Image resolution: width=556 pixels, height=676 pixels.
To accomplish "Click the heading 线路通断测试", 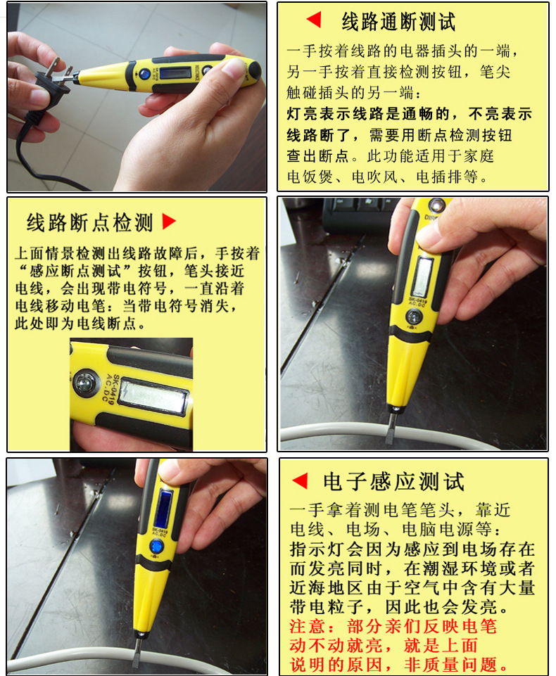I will click(398, 22).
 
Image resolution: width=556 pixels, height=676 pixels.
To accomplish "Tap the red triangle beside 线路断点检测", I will click(169, 222).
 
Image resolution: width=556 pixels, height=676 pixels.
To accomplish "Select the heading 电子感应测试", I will click(393, 482).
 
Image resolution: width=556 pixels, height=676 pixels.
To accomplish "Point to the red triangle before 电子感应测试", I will click(301, 481).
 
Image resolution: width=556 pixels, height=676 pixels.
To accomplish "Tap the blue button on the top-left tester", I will click(144, 73).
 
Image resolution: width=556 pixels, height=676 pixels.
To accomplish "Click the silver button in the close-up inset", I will click(86, 383).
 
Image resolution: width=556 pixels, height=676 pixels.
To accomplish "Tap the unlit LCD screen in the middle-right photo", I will click(422, 276).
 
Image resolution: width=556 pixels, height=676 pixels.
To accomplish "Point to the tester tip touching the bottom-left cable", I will click(136, 651).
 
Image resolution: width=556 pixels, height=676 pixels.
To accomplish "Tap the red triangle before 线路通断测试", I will click(314, 20).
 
